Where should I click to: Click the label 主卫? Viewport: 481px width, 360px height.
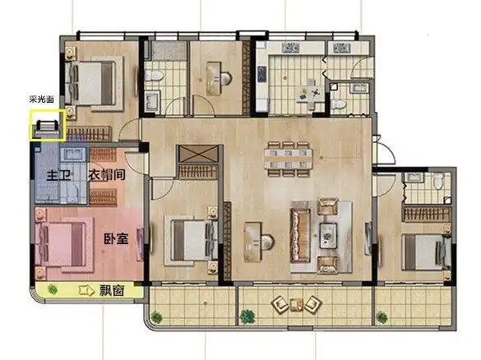click(x=58, y=176)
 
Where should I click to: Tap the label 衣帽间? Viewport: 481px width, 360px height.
click(x=107, y=175)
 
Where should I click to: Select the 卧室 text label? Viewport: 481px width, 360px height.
click(x=116, y=239)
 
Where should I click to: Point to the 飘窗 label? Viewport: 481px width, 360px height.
click(x=112, y=290)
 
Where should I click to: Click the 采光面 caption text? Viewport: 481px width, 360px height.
click(x=42, y=99)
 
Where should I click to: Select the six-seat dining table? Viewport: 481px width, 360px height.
click(x=289, y=159)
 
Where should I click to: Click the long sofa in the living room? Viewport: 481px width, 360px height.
click(x=301, y=236)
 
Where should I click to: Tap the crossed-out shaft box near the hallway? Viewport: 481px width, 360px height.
click(x=198, y=155)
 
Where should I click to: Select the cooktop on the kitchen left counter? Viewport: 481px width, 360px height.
click(x=262, y=75)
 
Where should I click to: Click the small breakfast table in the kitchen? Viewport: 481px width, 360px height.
click(x=310, y=94)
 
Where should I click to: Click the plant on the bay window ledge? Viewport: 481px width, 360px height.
click(x=53, y=289)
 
